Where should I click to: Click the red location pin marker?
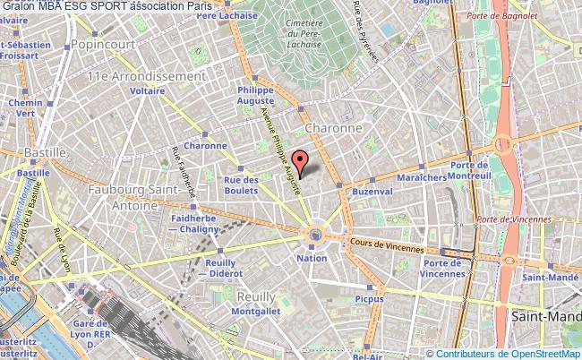[302, 161]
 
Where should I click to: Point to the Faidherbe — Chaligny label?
[193, 223]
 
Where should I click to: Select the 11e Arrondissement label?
[144, 76]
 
